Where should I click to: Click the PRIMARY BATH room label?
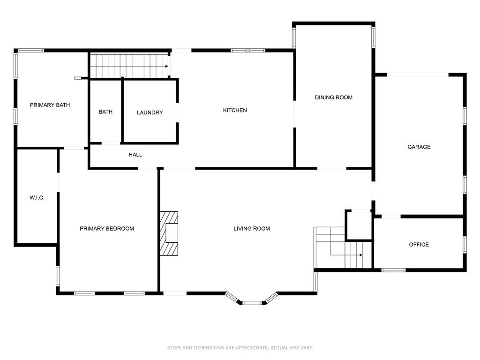point(50,105)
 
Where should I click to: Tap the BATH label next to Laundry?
point(105,112)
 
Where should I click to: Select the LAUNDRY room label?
point(150,112)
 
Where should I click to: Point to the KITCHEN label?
point(235,110)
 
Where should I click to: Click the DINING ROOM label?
point(334,97)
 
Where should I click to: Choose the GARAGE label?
point(419,147)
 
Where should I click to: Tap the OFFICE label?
point(419,245)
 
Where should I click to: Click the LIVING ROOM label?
point(252,229)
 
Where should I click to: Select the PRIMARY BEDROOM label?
point(107,229)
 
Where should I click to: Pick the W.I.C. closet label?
point(37,198)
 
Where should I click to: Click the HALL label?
point(135,155)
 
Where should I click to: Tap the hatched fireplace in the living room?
point(169,233)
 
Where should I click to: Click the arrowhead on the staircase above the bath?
point(166,67)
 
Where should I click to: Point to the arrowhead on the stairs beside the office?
point(361,255)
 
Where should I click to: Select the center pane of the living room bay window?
point(253,303)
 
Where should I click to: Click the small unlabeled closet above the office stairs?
point(359,226)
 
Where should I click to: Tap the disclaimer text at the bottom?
point(240,348)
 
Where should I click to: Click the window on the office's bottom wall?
point(393,270)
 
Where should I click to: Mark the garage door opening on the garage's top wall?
point(418,75)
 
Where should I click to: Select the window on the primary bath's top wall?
point(31,50)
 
